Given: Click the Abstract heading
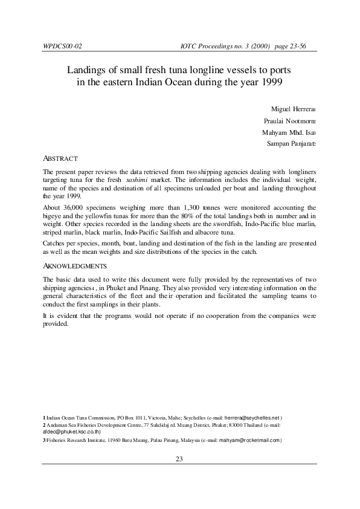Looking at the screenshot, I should click(x=60, y=158).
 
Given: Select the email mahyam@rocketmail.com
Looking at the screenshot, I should click(x=247, y=440).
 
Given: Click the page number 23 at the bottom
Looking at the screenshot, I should click(x=179, y=459).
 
